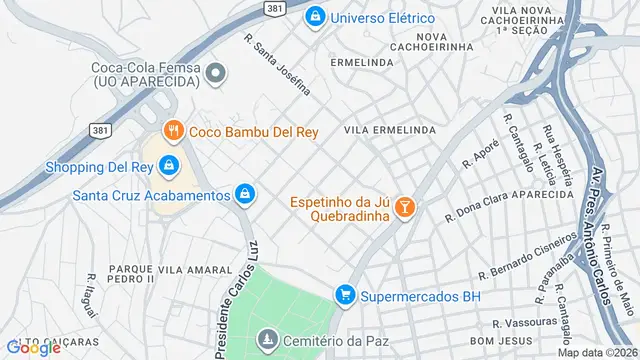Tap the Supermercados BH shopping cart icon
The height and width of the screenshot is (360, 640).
(x=345, y=293)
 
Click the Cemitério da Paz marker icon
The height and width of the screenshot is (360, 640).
(x=266, y=341)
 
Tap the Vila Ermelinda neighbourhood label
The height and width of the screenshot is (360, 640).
(x=390, y=131)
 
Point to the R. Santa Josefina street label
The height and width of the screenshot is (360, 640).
(x=278, y=62)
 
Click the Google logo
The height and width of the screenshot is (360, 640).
(x=33, y=347)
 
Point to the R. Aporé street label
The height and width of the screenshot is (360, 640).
(x=480, y=154)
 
